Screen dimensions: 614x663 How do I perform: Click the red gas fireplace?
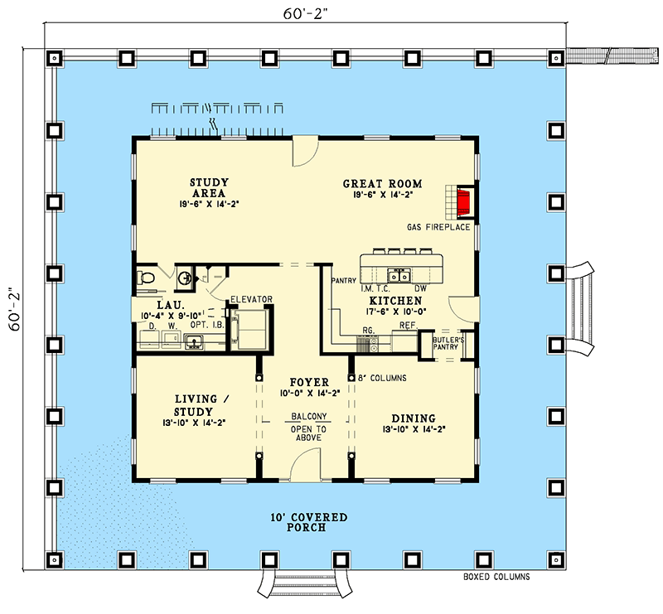(463, 201)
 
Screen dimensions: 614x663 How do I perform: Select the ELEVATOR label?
(251, 299)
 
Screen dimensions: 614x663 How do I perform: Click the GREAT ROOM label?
(382, 184)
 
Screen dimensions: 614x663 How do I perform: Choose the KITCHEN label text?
(395, 300)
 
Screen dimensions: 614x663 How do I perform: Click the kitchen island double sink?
(402, 276)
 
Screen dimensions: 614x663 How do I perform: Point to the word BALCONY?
(307, 416)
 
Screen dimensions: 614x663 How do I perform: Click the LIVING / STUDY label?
(196, 404)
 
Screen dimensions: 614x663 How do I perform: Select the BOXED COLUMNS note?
(496, 577)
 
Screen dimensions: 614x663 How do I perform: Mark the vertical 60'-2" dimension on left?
(14, 309)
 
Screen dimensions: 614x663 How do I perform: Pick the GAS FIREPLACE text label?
(438, 226)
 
